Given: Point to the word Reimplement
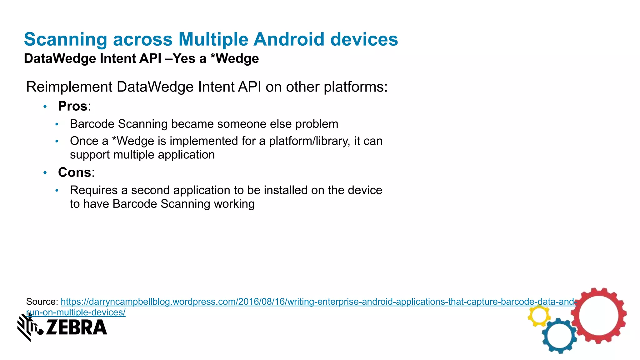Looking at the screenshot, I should pos(69,87).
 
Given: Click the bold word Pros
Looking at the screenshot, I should pos(72,106).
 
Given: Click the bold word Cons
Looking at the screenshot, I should pos(74,172).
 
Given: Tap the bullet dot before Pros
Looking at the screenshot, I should pos(45,107).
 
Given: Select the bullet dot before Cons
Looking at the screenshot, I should pos(45,172).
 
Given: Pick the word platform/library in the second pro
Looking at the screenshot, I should pos(309,141).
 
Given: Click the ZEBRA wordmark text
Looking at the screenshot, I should pos(76,327).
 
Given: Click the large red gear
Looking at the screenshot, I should pos(598,316).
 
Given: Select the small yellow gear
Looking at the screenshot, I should pos(539,316).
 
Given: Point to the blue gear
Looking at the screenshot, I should pos(559,336).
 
